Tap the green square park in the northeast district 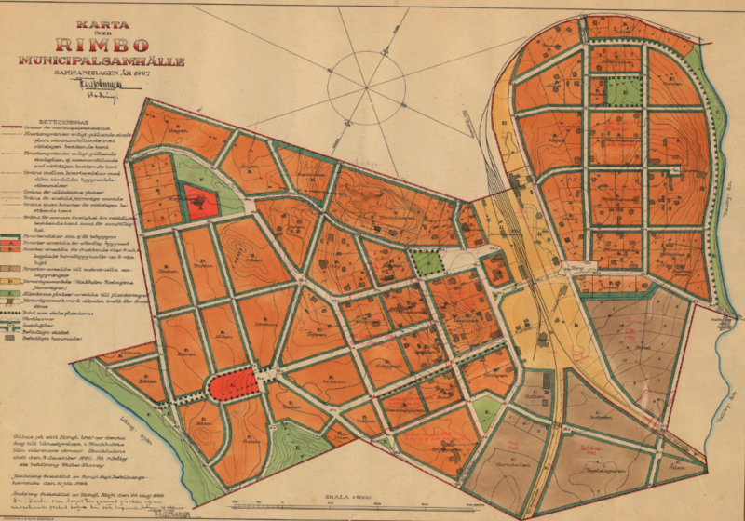(625, 89)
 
